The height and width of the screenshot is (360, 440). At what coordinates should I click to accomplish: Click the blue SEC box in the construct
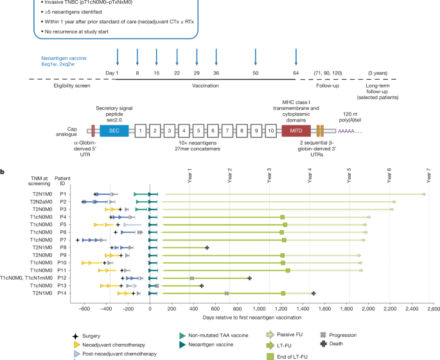pos(114,130)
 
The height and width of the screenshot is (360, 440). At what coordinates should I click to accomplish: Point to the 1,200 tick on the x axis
pos(281,317)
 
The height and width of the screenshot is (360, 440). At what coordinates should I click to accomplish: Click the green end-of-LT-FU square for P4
pos(283,217)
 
